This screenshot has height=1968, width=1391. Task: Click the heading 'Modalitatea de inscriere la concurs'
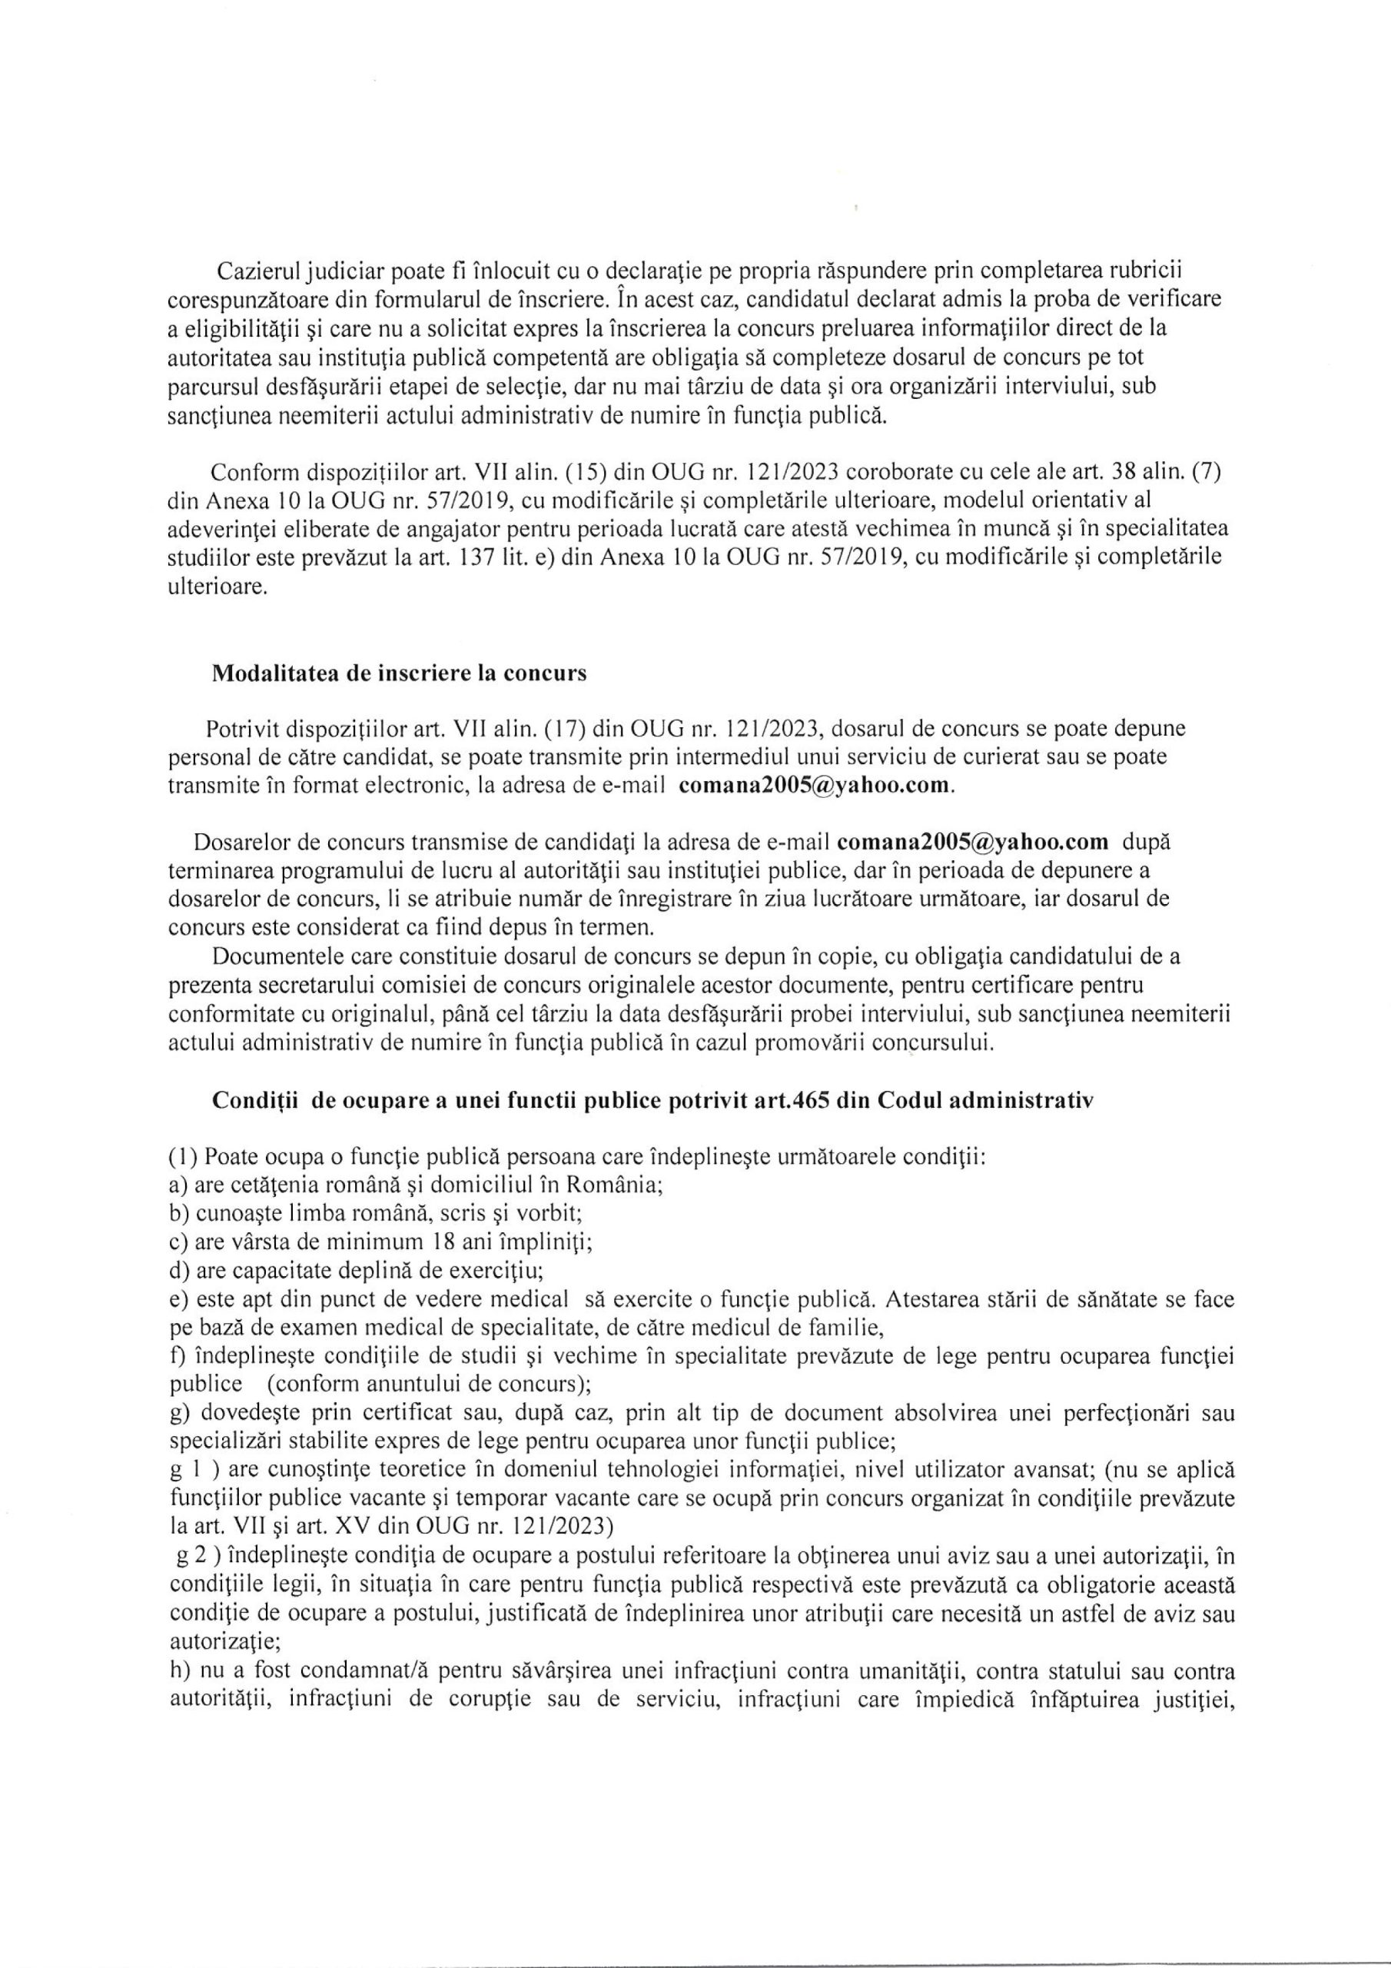click(400, 673)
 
